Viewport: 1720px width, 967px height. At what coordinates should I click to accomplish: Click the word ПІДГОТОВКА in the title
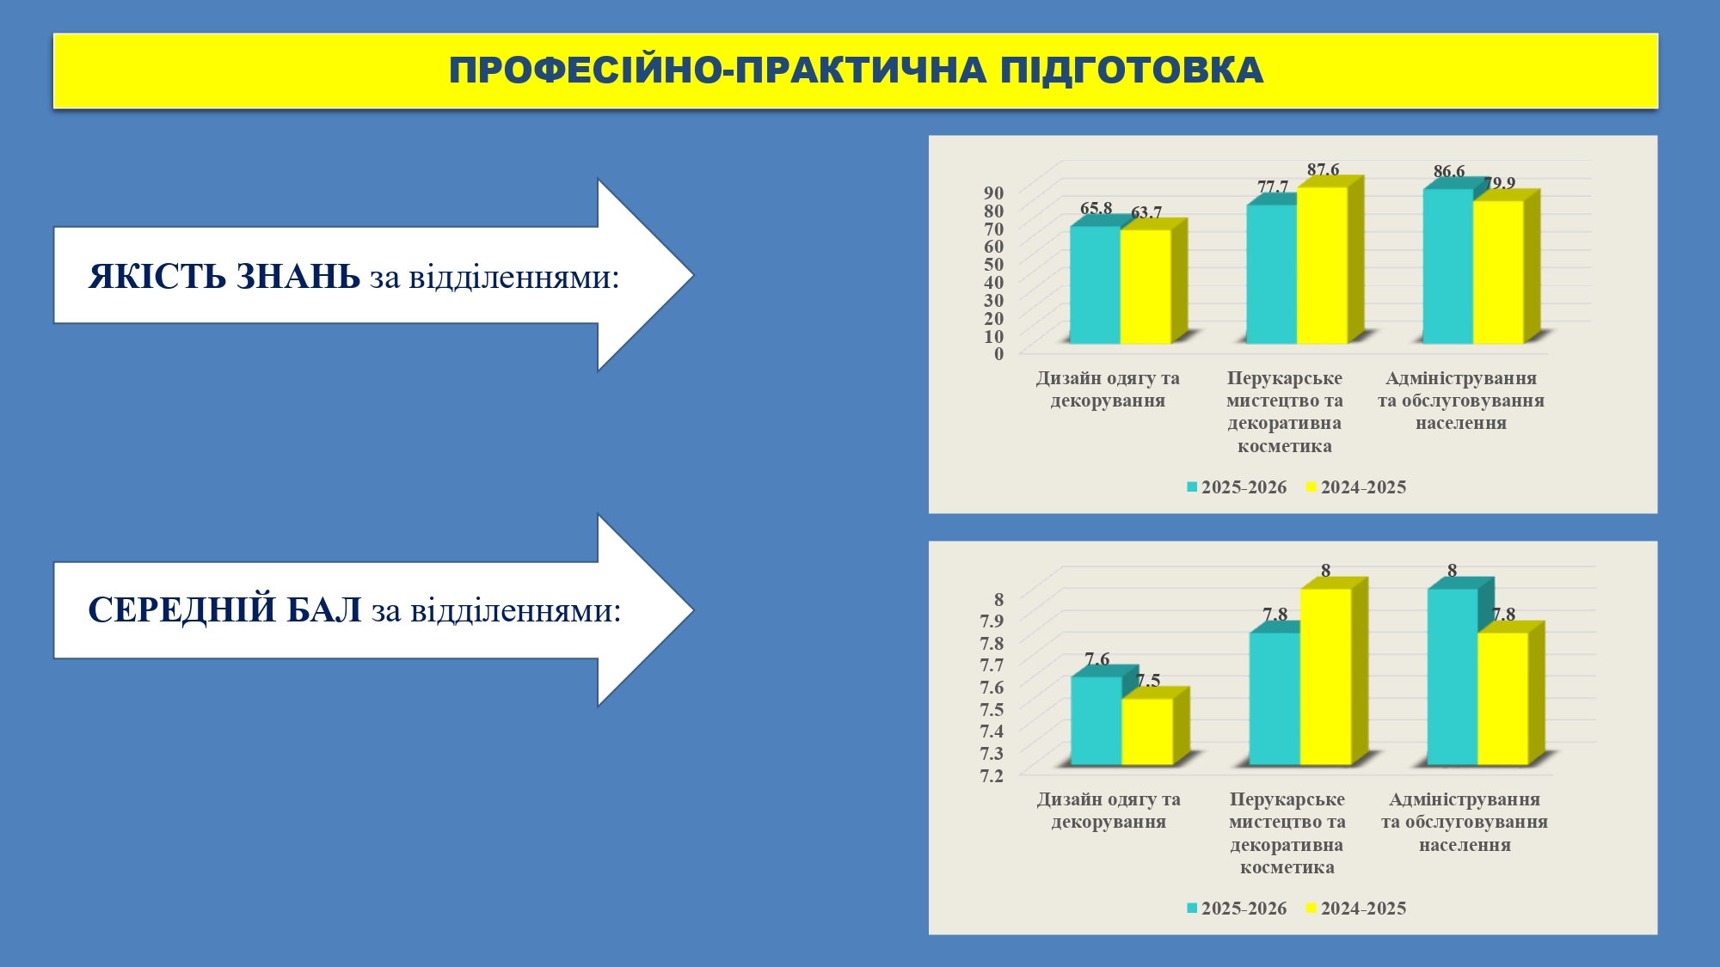click(x=1132, y=70)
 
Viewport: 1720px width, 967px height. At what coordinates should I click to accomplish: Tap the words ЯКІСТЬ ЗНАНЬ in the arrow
click(x=224, y=277)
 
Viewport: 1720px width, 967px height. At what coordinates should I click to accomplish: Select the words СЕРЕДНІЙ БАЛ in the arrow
click(x=224, y=610)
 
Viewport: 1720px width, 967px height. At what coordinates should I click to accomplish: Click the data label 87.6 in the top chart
click(x=1324, y=169)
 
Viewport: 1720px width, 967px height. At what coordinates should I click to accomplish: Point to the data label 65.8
click(x=1096, y=208)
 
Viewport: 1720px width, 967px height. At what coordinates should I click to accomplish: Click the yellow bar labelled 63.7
click(x=1146, y=286)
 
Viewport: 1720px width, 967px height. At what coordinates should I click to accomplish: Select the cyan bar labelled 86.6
click(x=1448, y=266)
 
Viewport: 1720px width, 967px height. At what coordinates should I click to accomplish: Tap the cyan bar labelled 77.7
click(x=1272, y=274)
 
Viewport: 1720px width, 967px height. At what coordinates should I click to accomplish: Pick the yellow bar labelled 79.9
click(x=1499, y=272)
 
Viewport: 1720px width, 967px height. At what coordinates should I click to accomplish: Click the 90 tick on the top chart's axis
click(x=994, y=193)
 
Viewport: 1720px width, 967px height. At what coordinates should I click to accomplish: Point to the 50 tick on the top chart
click(x=994, y=264)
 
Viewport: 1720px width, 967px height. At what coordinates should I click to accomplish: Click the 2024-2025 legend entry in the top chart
click(x=1356, y=487)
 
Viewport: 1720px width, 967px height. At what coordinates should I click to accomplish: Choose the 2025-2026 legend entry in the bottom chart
click(x=1237, y=909)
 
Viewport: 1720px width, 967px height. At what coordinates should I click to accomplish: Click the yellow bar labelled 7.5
click(x=1147, y=731)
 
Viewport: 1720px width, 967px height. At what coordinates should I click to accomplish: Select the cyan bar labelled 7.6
click(x=1096, y=720)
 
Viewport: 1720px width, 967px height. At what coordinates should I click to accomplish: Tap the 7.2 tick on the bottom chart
click(x=992, y=775)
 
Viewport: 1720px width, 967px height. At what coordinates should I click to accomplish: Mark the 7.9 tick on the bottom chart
click(x=992, y=621)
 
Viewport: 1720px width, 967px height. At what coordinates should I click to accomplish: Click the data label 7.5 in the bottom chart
click(x=1148, y=681)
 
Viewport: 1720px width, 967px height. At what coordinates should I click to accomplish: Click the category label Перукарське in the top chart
click(x=1285, y=378)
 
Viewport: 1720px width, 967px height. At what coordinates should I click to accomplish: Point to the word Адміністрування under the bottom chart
click(x=1465, y=799)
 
